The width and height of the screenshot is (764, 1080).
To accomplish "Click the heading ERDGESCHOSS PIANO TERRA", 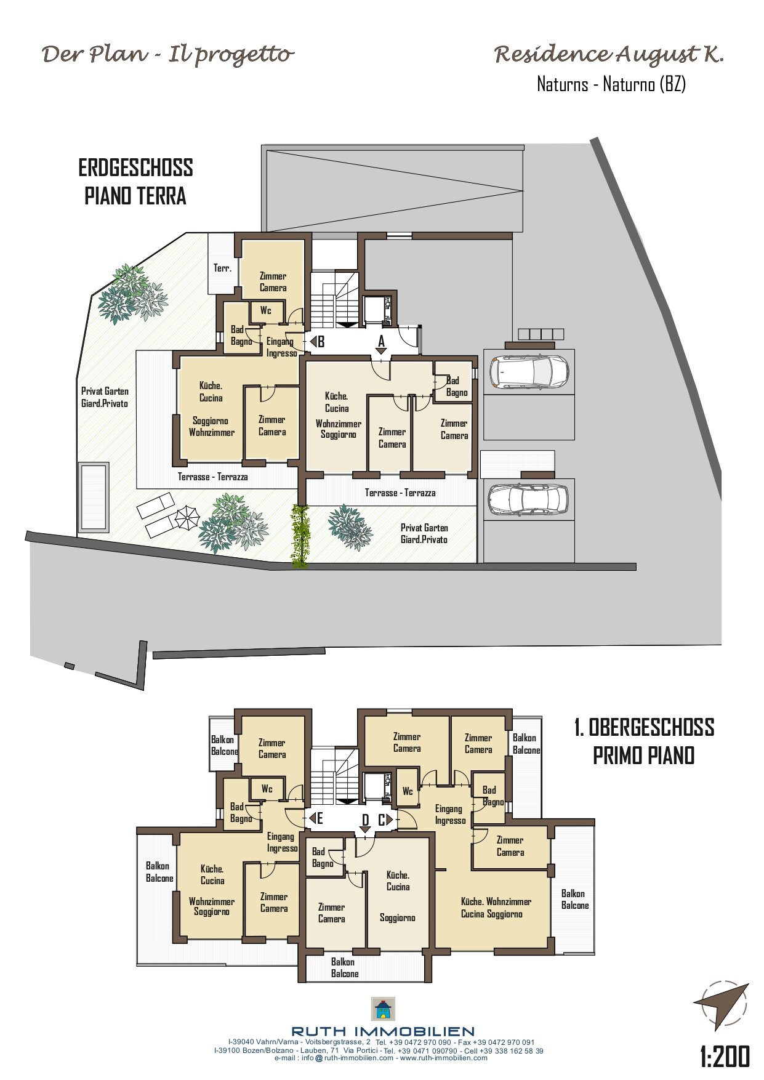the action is [x=135, y=182].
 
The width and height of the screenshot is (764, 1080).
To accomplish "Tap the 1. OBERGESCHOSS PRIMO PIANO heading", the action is [x=644, y=741].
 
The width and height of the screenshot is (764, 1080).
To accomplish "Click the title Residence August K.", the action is [x=609, y=55].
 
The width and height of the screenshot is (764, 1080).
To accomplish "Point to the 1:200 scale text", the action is [x=725, y=1057].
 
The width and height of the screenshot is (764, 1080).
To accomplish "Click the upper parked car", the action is [x=528, y=372].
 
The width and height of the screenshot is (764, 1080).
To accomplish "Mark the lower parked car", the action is [x=528, y=499].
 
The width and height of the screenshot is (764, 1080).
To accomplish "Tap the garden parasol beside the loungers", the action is [x=187, y=517].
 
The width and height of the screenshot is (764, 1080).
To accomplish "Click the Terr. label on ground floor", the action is [x=222, y=268].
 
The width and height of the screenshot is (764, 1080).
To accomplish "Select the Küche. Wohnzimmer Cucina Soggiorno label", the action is [x=496, y=908].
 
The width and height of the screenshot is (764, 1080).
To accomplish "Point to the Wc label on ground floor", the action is [x=266, y=310].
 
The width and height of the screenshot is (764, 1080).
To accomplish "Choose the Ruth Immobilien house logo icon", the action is [x=383, y=1009].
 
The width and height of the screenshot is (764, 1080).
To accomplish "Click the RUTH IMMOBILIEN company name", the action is [x=383, y=1031].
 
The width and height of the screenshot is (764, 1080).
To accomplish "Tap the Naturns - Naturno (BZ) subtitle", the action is [x=611, y=84].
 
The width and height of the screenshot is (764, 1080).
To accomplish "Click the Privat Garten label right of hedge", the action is [x=424, y=533].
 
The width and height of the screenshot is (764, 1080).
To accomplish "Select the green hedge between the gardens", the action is [x=300, y=535].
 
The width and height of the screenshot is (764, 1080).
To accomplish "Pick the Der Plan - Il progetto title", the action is [x=167, y=55].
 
